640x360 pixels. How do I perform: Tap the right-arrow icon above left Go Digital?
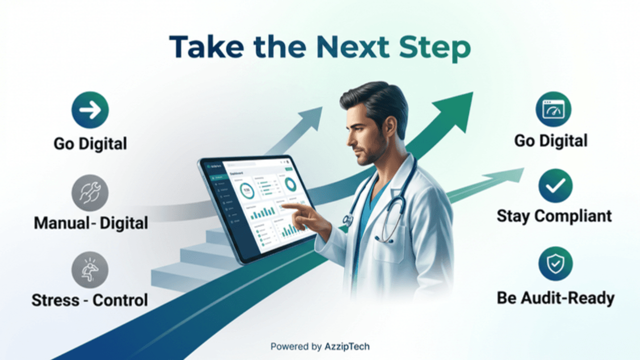[x=90, y=110]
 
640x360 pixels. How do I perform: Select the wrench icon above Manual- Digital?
[x=90, y=193]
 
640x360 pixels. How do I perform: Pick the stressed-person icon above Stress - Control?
[x=90, y=269]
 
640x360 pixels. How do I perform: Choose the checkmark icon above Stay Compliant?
[x=555, y=185]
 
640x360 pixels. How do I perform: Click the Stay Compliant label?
[x=554, y=216]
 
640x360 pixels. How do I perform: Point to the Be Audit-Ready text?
[x=555, y=298]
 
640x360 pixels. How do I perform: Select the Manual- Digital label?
[x=90, y=223]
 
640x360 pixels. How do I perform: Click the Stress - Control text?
[x=90, y=300]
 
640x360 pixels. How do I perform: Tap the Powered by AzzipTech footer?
[x=320, y=346]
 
